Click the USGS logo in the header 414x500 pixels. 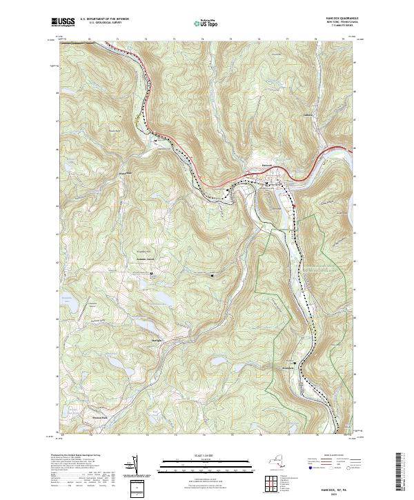pyautogui.click(x=63, y=23)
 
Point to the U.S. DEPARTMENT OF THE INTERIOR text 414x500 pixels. pyautogui.click(x=106, y=19)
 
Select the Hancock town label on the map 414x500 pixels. pyautogui.click(x=253, y=164)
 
